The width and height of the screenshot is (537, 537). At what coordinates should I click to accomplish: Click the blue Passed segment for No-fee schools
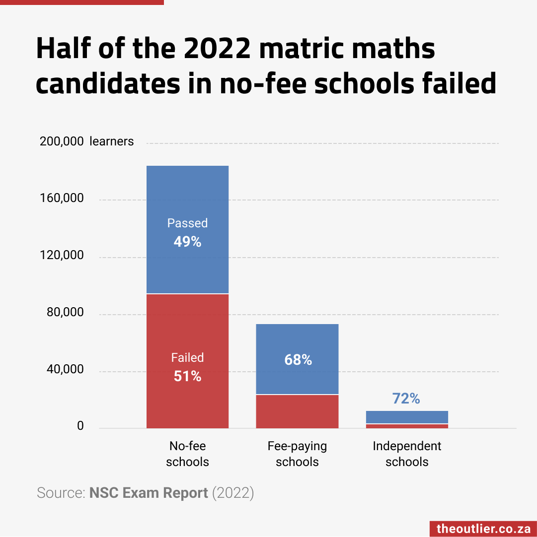click(187, 199)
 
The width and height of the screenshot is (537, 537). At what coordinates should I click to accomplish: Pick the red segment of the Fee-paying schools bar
click(297, 411)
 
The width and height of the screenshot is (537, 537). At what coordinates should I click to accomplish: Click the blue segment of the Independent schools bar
click(407, 417)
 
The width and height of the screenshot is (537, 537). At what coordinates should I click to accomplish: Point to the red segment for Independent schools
click(407, 426)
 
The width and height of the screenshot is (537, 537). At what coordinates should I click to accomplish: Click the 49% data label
click(187, 242)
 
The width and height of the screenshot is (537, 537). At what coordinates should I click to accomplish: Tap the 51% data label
click(187, 376)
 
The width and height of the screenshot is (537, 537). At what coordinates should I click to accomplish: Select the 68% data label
click(298, 360)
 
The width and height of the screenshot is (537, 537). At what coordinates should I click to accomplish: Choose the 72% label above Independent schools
click(406, 398)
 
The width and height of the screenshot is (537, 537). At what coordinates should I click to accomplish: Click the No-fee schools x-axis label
click(187, 454)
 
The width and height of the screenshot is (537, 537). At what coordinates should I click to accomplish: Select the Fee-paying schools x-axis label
click(297, 454)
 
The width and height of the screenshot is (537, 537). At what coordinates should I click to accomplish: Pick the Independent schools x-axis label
click(407, 454)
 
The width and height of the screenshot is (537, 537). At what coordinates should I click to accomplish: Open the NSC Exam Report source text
click(149, 493)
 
